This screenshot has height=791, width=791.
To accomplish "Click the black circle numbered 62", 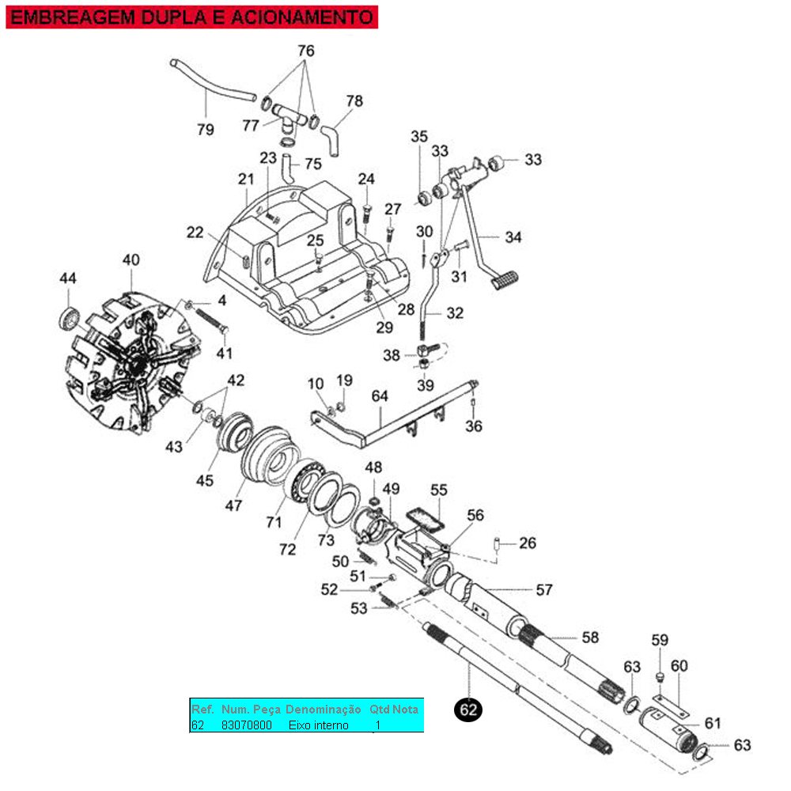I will [x=469, y=710].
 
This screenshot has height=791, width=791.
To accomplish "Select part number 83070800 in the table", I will [x=247, y=725].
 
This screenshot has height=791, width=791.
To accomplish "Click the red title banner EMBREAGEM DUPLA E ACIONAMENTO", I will [x=192, y=17].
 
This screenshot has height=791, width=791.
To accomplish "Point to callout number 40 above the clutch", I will [x=131, y=260].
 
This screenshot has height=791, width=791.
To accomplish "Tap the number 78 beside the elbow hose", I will [x=354, y=101].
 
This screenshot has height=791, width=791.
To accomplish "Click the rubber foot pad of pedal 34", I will [x=504, y=278].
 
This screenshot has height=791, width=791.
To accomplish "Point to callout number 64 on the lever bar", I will [x=380, y=395].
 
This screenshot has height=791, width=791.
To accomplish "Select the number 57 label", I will [x=543, y=589].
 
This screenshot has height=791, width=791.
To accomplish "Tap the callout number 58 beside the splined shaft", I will [x=590, y=638].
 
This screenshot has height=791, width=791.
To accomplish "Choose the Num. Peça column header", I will [x=251, y=709].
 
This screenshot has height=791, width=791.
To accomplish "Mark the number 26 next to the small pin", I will [x=528, y=543].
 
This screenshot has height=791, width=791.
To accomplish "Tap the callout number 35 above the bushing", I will [x=418, y=136].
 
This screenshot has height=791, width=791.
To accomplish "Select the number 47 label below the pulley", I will [x=234, y=505].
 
